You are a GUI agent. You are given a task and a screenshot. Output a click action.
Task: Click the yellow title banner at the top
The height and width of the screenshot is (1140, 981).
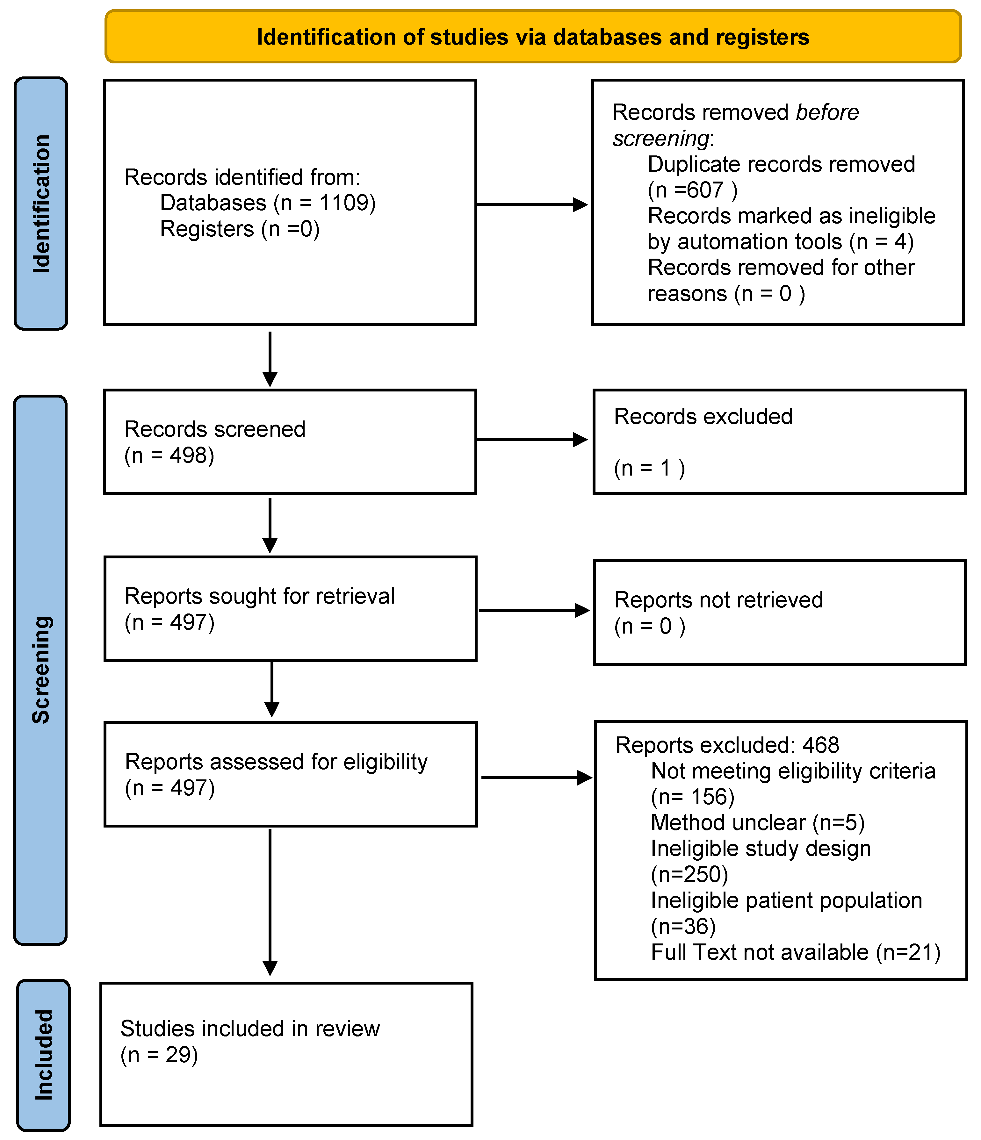coord(533,36)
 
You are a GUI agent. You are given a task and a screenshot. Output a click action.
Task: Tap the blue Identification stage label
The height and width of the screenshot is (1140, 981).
coord(41,204)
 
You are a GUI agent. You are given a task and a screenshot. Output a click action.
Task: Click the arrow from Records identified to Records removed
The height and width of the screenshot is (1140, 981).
coord(532,205)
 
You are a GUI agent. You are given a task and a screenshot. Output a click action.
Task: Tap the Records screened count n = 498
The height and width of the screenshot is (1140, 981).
coord(170,455)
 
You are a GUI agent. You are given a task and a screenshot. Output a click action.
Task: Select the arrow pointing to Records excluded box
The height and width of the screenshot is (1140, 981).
coord(532,440)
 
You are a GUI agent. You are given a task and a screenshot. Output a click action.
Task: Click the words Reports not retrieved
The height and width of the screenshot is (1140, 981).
coord(718,600)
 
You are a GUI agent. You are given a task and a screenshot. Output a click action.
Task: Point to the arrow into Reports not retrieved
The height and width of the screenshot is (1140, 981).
coord(534,610)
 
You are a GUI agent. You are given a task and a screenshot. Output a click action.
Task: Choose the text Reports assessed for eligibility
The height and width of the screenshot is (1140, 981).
coord(276,762)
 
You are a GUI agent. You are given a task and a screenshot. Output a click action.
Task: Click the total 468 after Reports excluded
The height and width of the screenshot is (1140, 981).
coord(821,745)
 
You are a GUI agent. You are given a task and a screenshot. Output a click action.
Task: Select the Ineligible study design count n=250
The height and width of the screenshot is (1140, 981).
coord(689,875)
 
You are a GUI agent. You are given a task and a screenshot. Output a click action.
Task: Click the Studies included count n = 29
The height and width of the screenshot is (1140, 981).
coord(159,1055)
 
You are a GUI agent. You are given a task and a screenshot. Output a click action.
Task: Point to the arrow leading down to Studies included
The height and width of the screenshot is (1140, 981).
coord(270,902)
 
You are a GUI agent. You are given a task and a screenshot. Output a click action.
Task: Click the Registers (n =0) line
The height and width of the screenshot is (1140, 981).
coord(240,229)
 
